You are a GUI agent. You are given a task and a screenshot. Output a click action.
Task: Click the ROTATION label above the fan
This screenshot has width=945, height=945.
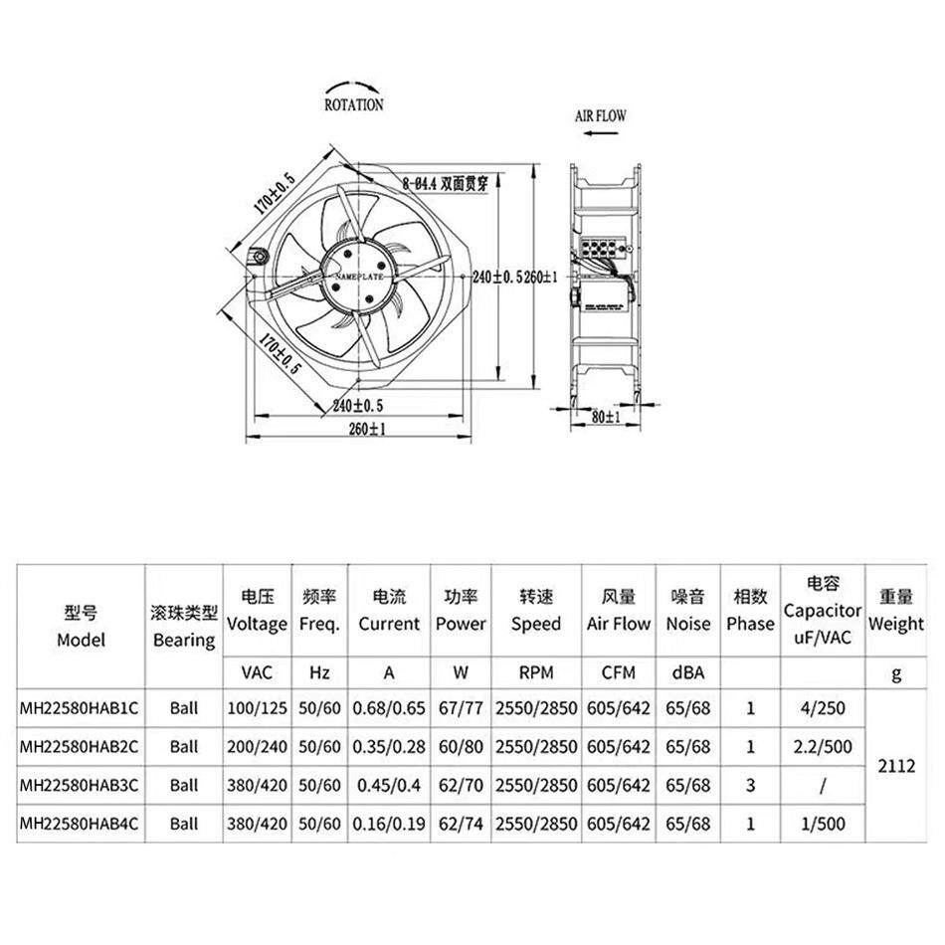click(353, 104)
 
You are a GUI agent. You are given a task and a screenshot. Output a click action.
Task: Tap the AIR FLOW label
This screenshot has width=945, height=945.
click(601, 116)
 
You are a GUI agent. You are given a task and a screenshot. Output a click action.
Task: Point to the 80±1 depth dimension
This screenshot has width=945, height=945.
click(605, 418)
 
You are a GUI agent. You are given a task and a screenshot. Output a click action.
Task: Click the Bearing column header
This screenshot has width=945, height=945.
click(184, 625)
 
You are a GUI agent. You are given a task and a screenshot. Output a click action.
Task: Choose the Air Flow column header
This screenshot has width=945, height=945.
click(619, 611)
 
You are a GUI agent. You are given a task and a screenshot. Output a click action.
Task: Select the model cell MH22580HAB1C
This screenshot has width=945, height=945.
click(81, 709)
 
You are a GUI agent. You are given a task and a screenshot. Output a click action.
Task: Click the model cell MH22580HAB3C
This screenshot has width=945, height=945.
click(81, 785)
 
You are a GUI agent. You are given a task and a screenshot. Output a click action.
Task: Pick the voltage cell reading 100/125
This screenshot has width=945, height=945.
click(257, 709)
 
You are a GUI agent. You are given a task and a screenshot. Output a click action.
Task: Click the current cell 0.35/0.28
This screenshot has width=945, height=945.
click(389, 747)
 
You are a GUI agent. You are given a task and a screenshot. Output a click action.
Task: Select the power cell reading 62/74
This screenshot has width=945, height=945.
click(461, 824)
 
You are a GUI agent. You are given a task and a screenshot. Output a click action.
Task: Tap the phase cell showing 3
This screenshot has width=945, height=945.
click(750, 785)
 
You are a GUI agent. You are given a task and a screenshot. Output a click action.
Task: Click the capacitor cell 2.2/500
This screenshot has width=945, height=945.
click(822, 747)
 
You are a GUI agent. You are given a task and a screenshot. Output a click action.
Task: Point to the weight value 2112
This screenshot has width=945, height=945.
click(896, 766)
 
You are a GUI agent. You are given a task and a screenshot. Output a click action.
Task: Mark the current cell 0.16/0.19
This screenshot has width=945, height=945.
click(389, 824)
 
